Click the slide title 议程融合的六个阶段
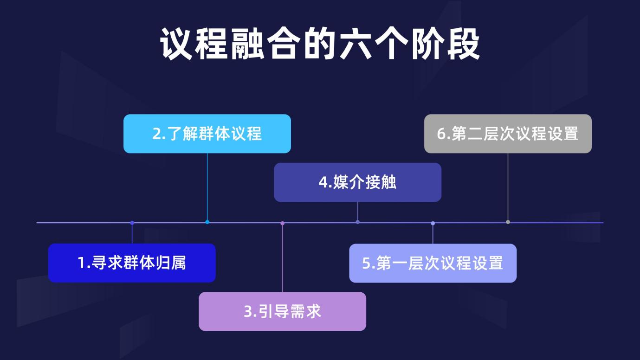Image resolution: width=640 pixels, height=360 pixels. click(320, 44)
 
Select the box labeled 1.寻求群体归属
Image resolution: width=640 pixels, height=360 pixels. click(132, 263)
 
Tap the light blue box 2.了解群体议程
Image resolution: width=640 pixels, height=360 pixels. click(207, 134)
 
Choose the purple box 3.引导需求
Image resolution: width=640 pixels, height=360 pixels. click(282, 311)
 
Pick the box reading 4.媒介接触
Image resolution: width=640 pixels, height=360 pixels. click(357, 182)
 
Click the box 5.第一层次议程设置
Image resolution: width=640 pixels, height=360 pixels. click(433, 263)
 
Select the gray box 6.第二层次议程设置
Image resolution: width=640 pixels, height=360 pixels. click(508, 134)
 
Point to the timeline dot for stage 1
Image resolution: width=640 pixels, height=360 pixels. click(132, 223)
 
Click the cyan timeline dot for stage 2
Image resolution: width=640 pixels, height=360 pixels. click(207, 222)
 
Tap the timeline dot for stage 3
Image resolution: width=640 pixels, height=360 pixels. click(282, 223)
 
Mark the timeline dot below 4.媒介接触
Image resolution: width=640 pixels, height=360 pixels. click(357, 222)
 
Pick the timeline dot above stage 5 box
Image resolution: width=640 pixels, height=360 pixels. click(433, 223)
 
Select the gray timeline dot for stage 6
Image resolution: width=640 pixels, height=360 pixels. click(508, 222)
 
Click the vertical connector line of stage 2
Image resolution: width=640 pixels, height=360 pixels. click(207, 186)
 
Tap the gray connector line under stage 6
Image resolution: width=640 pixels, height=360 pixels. click(508, 186)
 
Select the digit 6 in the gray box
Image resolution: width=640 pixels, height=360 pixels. click(441, 134)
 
